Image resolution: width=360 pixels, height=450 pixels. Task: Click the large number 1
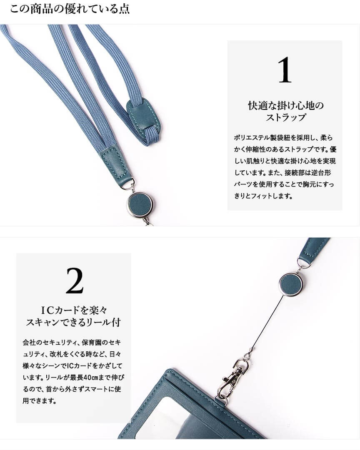click(285, 70)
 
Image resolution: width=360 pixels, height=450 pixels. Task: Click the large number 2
click(75, 281)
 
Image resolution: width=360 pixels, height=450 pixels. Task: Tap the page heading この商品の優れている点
click(70, 9)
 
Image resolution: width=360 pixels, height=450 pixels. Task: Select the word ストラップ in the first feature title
click(285, 117)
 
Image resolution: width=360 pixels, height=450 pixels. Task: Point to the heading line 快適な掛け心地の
click(286, 106)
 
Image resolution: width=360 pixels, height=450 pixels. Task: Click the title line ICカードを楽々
click(74, 310)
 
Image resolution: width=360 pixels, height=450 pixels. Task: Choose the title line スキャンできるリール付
click(74, 322)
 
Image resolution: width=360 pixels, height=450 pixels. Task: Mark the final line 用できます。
click(39, 401)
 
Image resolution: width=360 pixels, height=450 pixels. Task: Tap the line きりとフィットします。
click(263, 196)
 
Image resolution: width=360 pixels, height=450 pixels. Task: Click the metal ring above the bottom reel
click(302, 266)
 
